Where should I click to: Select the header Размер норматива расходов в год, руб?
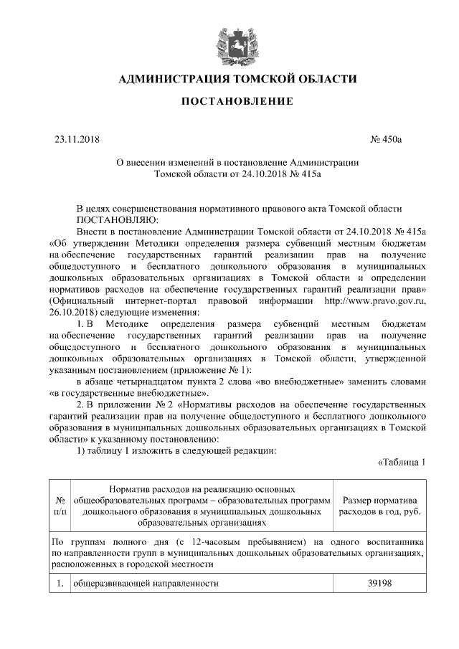[x=382, y=506]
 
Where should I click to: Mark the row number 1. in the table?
[x=60, y=584]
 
